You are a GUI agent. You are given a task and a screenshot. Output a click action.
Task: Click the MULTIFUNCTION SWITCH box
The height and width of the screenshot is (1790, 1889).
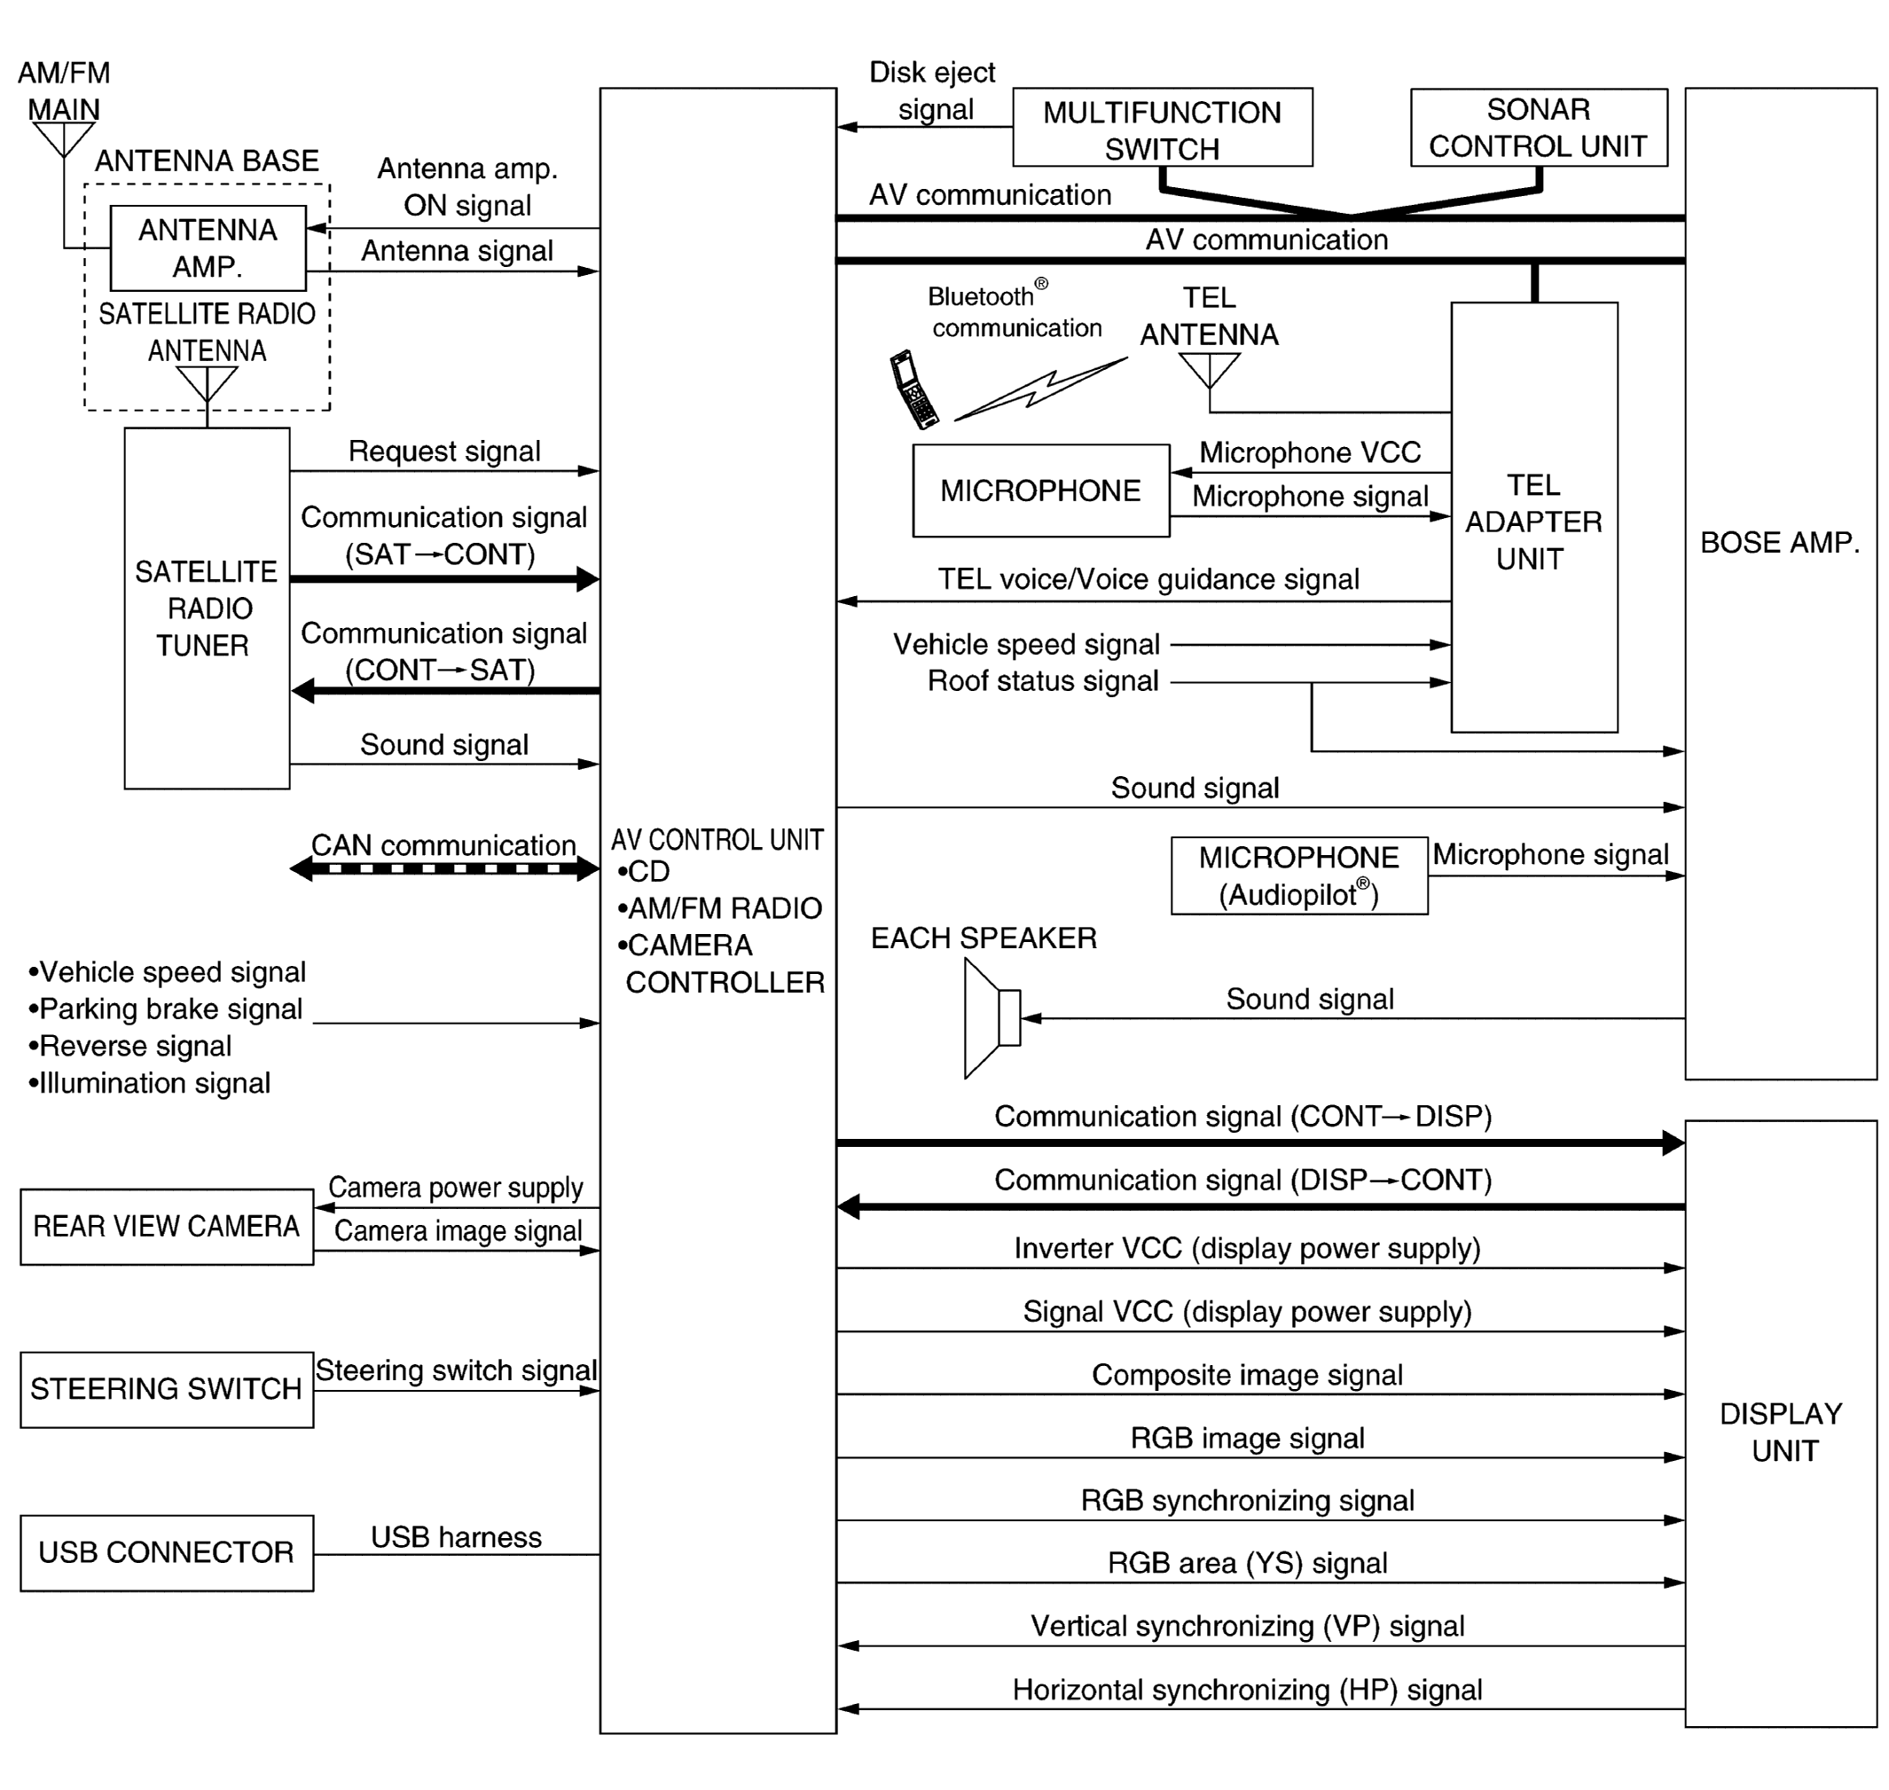pos(1161,128)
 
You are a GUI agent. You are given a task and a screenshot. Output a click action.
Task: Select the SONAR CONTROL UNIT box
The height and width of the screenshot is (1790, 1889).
pos(1538,128)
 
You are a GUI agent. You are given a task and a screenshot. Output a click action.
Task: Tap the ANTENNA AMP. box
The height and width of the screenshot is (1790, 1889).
pos(208,248)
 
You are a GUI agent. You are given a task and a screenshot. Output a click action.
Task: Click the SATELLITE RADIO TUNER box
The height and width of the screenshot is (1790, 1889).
pos(207,608)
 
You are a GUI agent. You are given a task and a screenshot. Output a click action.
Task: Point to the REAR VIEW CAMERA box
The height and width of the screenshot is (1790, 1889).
pos(167,1226)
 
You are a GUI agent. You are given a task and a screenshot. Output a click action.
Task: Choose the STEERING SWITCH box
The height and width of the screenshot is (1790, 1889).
pos(167,1389)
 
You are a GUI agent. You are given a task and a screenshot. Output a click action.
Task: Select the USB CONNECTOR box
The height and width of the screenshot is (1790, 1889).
pos(167,1552)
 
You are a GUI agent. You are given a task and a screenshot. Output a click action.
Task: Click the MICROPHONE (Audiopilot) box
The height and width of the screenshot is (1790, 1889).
pos(1298,875)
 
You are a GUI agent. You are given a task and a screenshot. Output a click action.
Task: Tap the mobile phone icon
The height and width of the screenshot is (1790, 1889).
pos(913,389)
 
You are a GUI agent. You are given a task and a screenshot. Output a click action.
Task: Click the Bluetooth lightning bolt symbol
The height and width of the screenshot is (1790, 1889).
pos(1040,389)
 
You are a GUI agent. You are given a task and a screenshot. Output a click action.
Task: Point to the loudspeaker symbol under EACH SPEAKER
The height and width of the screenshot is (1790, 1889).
pos(992,1018)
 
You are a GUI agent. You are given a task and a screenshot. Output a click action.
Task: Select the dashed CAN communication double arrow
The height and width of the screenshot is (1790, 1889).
pos(444,868)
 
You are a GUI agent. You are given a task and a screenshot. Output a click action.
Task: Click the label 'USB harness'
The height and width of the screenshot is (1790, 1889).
pos(456,1537)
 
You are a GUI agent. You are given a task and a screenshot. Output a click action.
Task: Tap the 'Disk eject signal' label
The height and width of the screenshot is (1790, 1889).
pos(932,90)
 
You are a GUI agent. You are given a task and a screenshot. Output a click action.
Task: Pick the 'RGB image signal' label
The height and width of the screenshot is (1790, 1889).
pos(1247,1438)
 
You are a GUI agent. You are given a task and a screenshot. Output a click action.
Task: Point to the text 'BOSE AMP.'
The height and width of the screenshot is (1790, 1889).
pos(1779,543)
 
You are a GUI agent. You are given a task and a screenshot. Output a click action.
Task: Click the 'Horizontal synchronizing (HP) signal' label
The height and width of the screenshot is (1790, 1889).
pos(1247,1690)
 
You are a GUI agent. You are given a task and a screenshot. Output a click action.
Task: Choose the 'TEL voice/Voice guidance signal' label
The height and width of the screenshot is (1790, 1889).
pos(1148,579)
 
